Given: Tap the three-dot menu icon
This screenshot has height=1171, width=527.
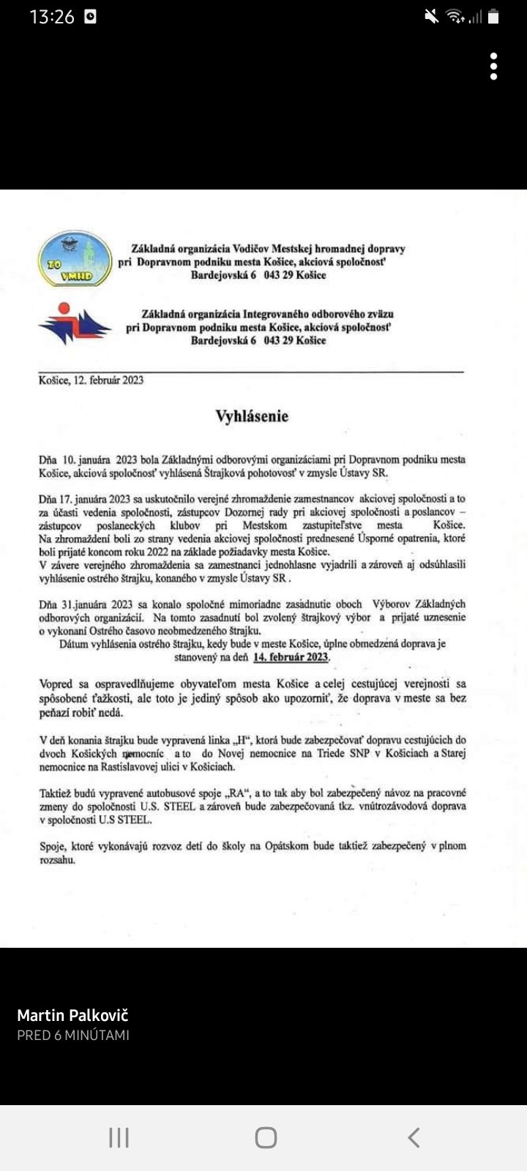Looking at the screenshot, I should tap(494, 67).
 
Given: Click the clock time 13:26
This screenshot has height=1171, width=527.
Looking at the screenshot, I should tap(52, 17).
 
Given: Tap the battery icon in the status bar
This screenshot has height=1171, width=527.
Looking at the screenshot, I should tap(494, 17).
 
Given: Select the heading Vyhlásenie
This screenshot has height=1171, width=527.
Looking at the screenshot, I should tap(252, 416).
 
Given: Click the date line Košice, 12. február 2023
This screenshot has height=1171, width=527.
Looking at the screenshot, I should tap(91, 381).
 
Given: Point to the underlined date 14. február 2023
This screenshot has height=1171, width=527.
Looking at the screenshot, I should tap(291, 657).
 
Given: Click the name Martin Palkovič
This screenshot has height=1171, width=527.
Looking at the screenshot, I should tap(72, 1015).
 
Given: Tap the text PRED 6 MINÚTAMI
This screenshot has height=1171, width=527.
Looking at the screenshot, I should tap(73, 1035).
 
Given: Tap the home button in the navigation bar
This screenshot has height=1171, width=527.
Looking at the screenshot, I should tap(266, 1137).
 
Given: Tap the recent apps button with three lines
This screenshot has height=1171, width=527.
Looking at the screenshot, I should tap(119, 1137).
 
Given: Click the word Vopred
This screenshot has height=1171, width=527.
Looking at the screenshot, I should tap(56, 684).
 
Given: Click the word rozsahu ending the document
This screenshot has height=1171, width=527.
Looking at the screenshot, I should tap(56, 860).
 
